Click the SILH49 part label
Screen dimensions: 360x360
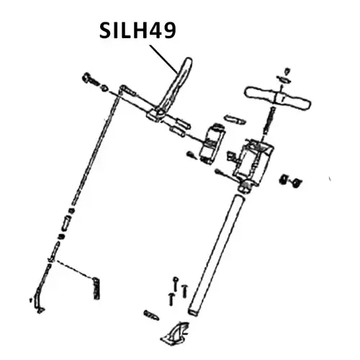137,31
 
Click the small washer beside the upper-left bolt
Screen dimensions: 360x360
104,86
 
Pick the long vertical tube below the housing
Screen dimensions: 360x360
216,252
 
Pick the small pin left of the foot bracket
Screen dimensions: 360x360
151,315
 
